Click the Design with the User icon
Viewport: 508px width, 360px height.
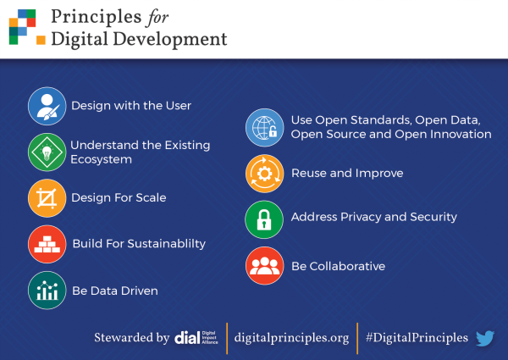[47, 106]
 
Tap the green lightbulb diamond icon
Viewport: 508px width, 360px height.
[47, 152]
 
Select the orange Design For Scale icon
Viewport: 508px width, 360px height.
[47, 198]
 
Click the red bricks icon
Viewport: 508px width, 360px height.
[47, 244]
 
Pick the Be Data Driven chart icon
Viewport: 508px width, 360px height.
[47, 291]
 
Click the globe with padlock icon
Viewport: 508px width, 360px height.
[264, 127]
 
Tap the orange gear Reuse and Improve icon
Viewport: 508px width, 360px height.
[264, 174]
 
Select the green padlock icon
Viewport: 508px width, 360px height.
[264, 219]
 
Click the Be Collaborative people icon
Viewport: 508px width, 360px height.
[264, 266]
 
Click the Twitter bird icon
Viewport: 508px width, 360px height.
[485, 338]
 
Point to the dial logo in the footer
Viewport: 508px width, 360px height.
[196, 338]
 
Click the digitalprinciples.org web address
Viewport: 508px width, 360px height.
[291, 338]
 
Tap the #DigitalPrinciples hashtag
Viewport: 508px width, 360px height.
[417, 338]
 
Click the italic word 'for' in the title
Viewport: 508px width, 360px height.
[157, 18]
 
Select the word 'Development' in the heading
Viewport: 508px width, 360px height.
[170, 40]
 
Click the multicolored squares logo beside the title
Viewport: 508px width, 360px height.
[27, 27]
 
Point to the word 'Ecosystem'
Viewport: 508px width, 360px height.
[102, 159]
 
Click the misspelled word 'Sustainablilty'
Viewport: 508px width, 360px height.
[167, 244]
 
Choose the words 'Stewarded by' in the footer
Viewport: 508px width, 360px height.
[132, 338]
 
